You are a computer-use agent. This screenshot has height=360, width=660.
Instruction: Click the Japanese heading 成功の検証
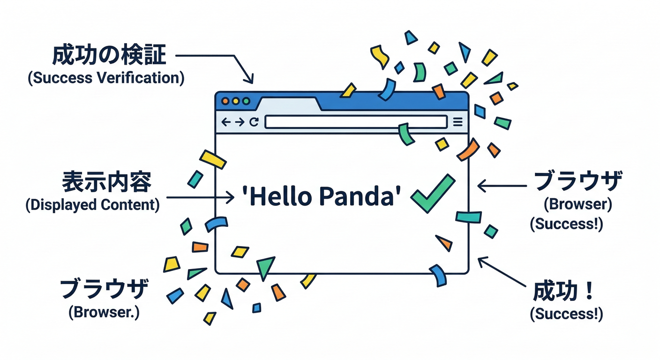coord(109,56)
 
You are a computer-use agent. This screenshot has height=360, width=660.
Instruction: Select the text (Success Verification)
coord(106,78)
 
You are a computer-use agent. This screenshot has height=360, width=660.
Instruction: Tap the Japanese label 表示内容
coord(107,182)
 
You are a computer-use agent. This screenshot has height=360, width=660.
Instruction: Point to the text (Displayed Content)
coord(92,205)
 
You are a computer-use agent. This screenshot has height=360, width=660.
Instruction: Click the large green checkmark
coord(432,193)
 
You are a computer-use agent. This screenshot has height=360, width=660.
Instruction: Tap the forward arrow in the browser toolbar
coord(240,122)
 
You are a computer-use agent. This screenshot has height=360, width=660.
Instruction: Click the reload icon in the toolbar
coord(254,122)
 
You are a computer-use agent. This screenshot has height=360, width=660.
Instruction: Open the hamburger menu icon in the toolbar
coord(458,122)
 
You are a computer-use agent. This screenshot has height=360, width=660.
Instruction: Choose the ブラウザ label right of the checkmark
coord(578,181)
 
